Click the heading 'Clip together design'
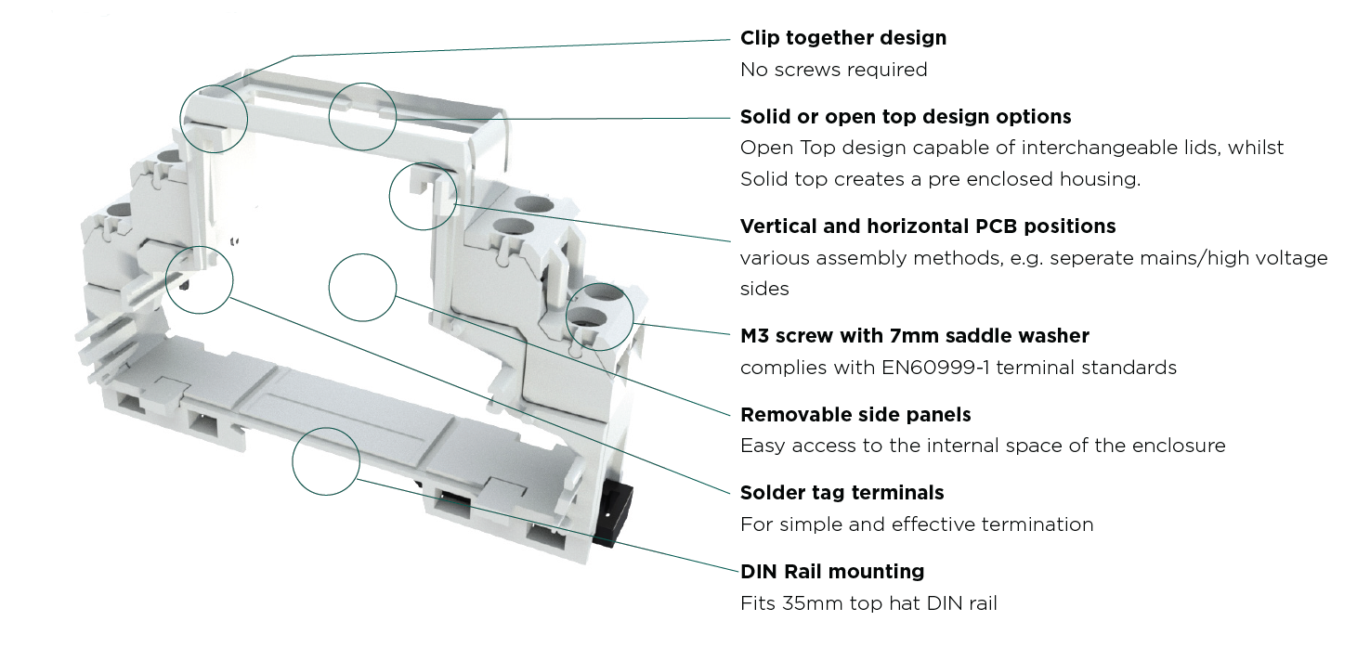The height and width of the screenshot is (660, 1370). pyautogui.click(x=842, y=38)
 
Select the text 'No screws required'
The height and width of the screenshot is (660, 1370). pyautogui.click(x=833, y=70)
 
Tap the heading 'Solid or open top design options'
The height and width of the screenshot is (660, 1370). pyautogui.click(x=905, y=117)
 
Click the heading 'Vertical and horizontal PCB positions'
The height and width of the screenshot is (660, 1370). pyautogui.click(x=927, y=226)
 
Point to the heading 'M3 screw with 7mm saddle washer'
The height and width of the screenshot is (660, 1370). pyautogui.click(x=914, y=336)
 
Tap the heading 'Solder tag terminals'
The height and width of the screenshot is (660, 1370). pyautogui.click(x=842, y=493)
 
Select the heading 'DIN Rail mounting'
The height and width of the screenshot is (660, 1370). pyautogui.click(x=831, y=572)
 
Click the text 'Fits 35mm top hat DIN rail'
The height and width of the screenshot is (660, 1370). pyautogui.click(x=868, y=603)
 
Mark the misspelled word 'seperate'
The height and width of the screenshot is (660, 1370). pyautogui.click(x=1065, y=258)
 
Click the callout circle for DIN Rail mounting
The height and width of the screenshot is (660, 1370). pyautogui.click(x=325, y=461)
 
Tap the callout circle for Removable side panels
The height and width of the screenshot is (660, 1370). pyautogui.click(x=363, y=288)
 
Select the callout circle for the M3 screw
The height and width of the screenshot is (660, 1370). pyautogui.click(x=599, y=317)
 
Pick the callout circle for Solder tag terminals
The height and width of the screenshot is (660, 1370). pyautogui.click(x=199, y=278)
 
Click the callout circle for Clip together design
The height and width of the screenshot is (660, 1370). pyautogui.click(x=215, y=119)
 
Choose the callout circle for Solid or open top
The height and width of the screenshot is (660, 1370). pyautogui.click(x=363, y=115)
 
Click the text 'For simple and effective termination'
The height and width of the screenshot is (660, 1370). pyautogui.click(x=916, y=524)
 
